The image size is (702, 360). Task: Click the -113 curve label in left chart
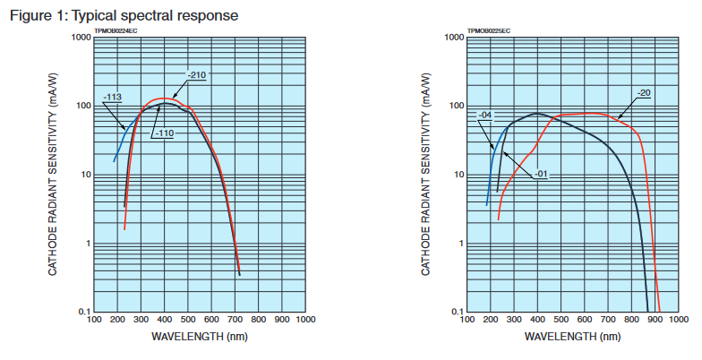tap(113, 97)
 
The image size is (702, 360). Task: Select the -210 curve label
tap(197, 74)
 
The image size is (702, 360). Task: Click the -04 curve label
tap(485, 116)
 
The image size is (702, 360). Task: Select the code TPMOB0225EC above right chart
tap(489, 31)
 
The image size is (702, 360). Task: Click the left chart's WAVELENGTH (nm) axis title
tap(201, 338)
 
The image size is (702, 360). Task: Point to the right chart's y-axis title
tap(428, 175)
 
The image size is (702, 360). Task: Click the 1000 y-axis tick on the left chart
tap(79, 38)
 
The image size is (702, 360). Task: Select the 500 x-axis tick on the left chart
tap(188, 321)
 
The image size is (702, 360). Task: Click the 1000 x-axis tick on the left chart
tap(304, 321)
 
